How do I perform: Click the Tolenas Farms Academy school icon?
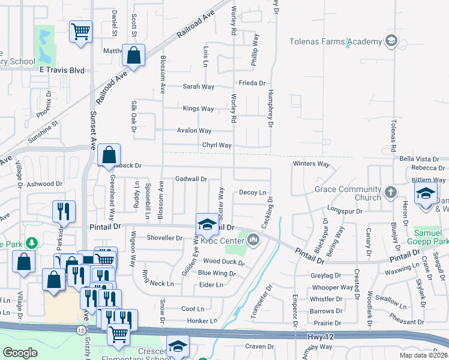391,41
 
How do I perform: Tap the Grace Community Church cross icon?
391,193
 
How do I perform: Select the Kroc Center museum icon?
253,241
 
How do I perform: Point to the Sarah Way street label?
199,87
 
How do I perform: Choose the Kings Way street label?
199,109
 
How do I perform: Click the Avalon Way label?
194,131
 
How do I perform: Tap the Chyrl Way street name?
217,145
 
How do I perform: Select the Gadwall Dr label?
191,179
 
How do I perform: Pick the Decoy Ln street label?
252,193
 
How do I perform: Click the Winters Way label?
312,164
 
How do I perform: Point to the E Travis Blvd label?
60,70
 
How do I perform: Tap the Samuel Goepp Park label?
431,236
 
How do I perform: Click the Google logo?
20,353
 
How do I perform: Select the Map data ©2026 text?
423,355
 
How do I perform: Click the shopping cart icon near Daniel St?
80,31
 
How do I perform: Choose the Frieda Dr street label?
252,83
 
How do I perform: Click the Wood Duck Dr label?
224,262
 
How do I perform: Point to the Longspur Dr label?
345,211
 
